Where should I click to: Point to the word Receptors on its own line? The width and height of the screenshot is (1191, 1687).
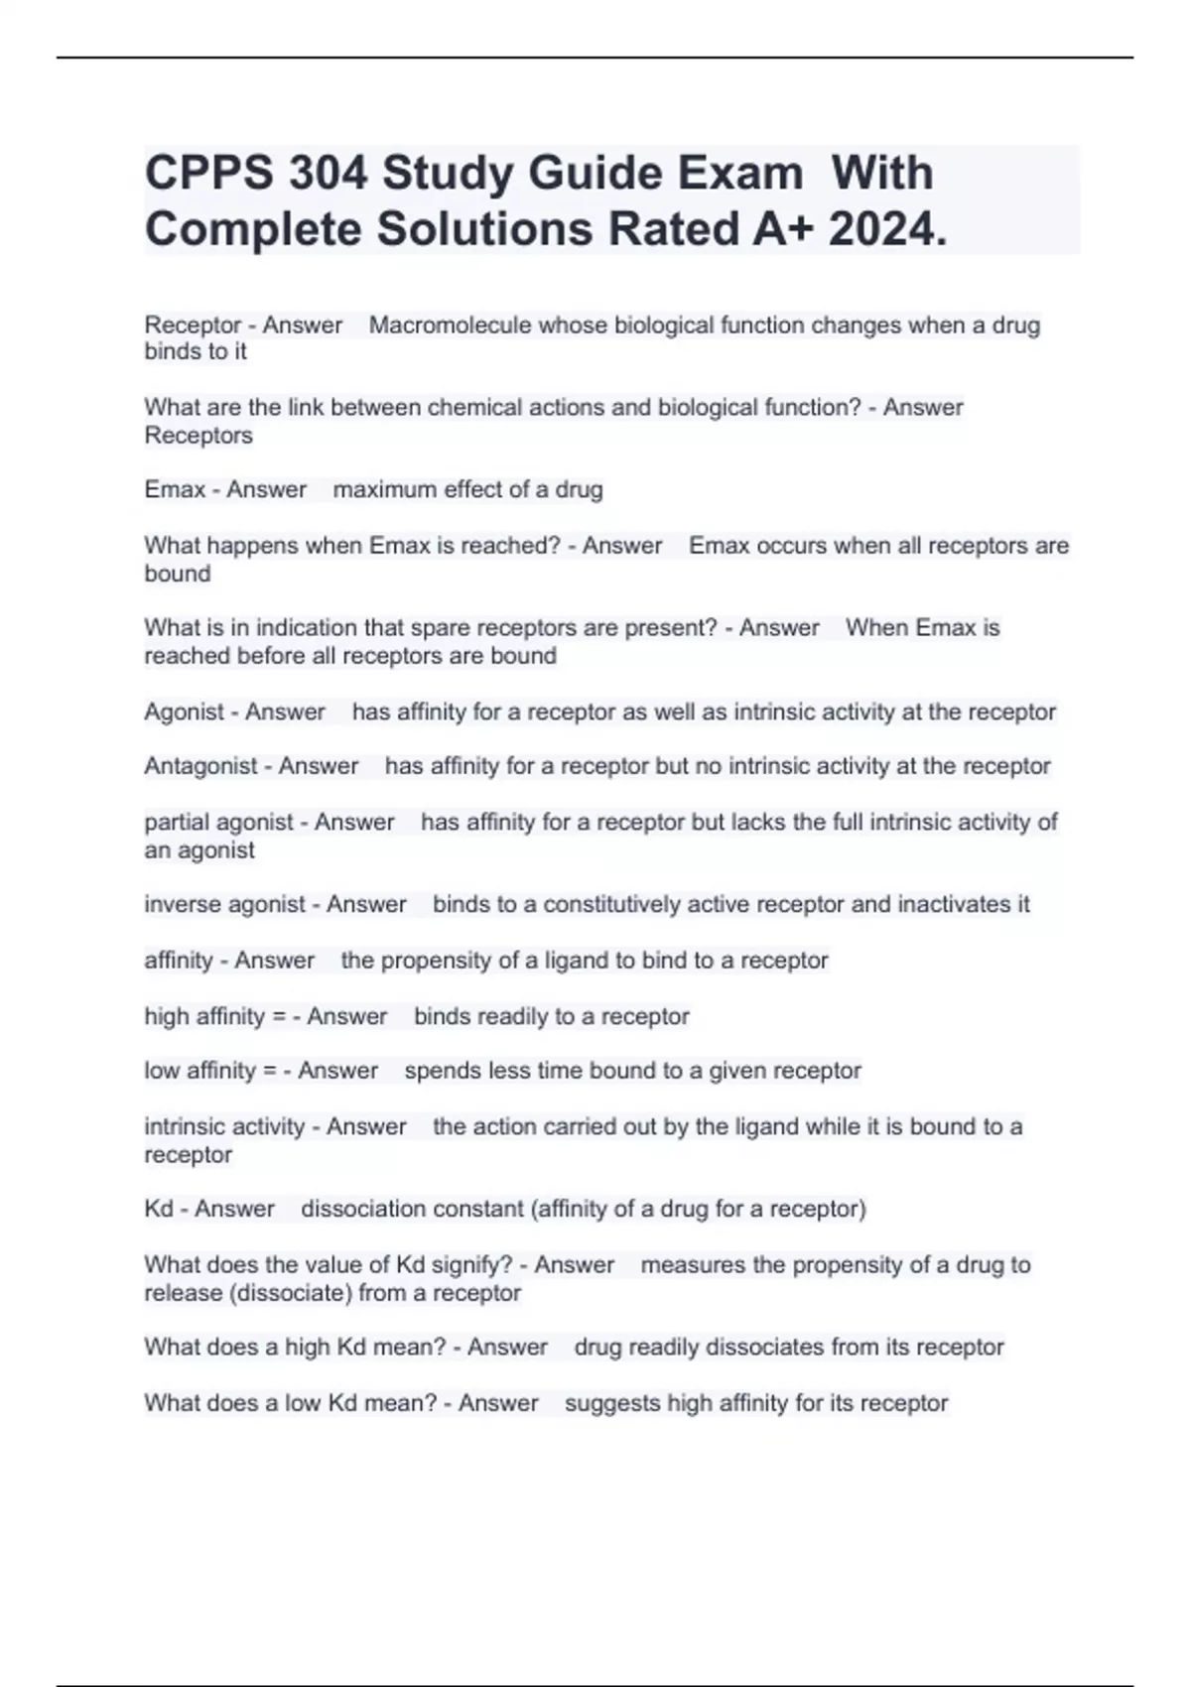[198, 435]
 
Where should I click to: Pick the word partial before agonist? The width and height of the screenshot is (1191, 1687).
[176, 822]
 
